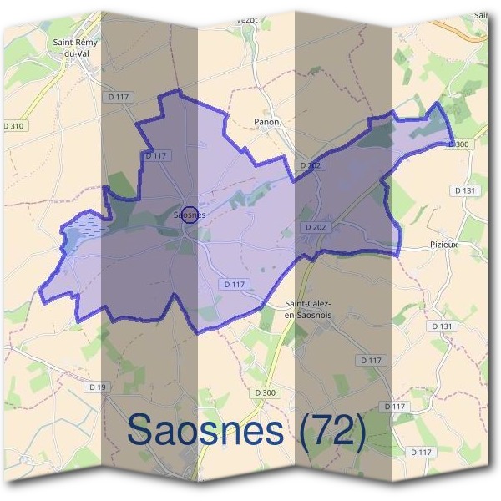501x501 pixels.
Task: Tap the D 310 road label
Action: pos(14,126)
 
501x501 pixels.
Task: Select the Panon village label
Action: pos(266,122)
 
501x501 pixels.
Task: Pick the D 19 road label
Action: pos(98,387)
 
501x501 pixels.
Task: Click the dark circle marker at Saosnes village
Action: pos(190,215)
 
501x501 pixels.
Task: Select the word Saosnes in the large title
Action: pos(205,431)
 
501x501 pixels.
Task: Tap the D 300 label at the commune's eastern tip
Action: pos(459,144)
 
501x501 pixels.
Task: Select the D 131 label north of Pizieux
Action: pos(466,190)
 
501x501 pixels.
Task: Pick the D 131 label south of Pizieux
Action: pos(444,326)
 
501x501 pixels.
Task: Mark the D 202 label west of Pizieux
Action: pos(316,226)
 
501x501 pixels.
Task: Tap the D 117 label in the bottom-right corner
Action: pos(422,452)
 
